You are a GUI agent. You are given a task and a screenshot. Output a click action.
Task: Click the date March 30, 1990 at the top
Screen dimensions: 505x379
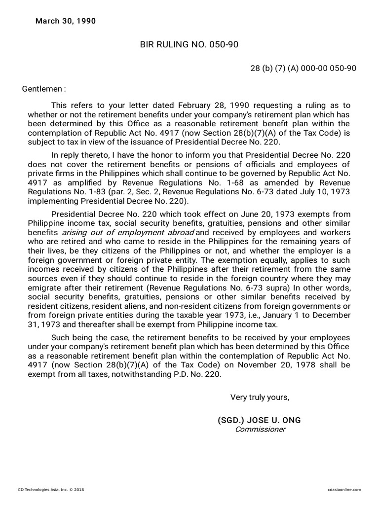click(x=66, y=21)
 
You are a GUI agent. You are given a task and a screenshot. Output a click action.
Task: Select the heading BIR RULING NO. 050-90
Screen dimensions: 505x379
click(x=189, y=45)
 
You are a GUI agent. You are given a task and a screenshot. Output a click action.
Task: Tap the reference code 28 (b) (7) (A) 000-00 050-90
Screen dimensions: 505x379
click(x=303, y=69)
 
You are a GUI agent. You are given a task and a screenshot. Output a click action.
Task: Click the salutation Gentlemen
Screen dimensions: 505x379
click(x=43, y=89)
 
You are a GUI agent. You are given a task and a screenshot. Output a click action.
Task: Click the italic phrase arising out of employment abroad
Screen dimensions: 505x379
click(x=127, y=232)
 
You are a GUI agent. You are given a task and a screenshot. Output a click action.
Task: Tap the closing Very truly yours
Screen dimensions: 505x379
click(x=260, y=397)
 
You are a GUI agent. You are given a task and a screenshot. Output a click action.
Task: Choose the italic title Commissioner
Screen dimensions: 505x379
click(x=260, y=429)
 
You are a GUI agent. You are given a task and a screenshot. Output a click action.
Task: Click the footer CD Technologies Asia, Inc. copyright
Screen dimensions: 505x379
click(x=51, y=490)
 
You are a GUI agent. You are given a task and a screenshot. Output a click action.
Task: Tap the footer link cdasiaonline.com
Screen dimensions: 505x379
click(x=344, y=490)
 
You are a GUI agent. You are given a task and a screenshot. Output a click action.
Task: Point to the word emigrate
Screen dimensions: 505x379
click(x=43, y=288)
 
